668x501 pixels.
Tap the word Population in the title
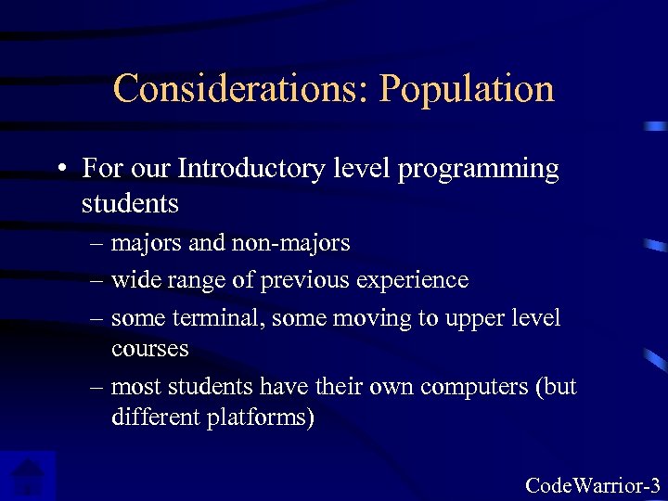point(467,89)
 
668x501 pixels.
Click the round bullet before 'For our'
point(60,170)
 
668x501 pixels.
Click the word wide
point(133,279)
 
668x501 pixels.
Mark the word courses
point(149,349)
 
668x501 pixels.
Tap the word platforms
point(263,417)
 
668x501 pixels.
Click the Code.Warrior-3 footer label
point(593,484)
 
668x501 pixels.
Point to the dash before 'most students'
point(96,387)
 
